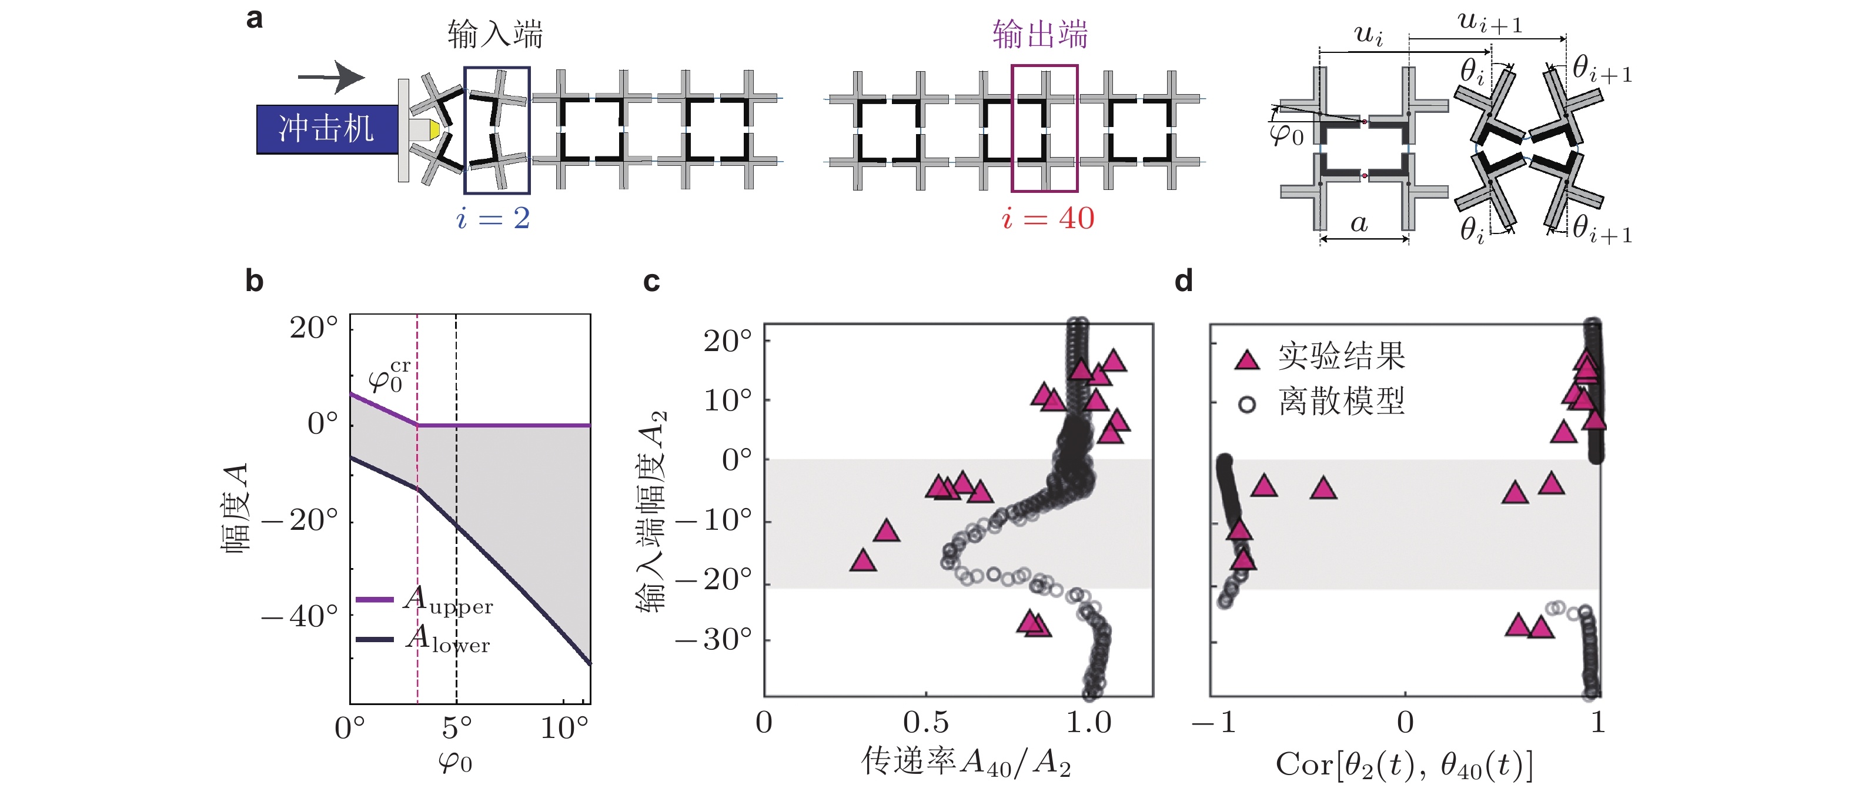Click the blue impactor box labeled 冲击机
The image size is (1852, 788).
tap(327, 129)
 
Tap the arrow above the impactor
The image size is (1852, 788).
tap(332, 77)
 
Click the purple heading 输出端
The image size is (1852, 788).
tap(1039, 35)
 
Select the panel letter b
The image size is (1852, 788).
tap(254, 281)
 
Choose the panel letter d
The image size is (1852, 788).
tap(1184, 281)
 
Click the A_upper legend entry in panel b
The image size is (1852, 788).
tap(424, 600)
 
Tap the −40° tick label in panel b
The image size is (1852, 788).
tap(300, 617)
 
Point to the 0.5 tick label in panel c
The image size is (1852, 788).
tap(925, 722)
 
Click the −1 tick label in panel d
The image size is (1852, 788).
tap(1214, 723)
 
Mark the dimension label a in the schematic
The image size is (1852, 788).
tap(1358, 223)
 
